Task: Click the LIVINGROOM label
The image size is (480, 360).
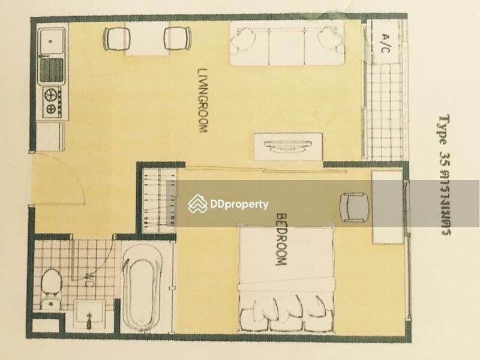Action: point(203,100)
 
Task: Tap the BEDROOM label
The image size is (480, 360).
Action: point(281,239)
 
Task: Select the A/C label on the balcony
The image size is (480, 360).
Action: point(385,43)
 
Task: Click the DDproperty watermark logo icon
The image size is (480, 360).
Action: point(197,203)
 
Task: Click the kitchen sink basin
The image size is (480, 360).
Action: point(52,42)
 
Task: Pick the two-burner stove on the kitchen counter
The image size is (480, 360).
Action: point(52,103)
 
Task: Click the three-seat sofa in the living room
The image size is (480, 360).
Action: point(287,43)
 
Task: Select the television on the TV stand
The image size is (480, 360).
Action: point(288,146)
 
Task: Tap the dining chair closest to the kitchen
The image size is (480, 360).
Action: point(116,38)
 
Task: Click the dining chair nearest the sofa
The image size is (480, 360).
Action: point(178,38)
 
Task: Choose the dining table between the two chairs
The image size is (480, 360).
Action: point(147,38)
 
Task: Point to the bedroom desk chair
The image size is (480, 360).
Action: point(355,208)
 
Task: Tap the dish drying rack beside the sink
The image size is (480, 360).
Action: point(52,70)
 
